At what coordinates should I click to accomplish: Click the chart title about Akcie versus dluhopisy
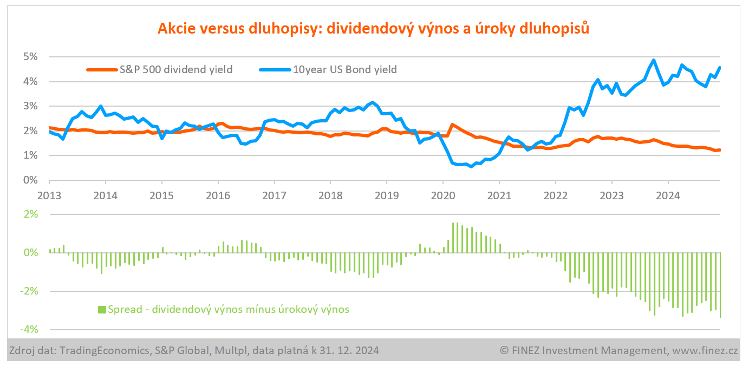tap(373, 29)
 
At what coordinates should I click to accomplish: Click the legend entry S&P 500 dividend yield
tap(175, 69)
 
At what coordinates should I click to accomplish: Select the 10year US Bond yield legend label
tap(345, 69)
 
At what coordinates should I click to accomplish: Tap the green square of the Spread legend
tap(101, 310)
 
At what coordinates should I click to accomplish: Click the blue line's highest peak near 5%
tap(654, 60)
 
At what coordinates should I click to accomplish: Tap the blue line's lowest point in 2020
tap(471, 166)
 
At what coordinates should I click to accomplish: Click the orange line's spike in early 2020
tap(452, 125)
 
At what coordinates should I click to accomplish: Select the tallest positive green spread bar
tap(453, 238)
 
